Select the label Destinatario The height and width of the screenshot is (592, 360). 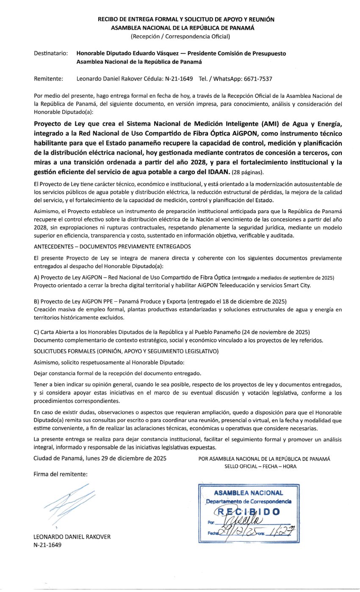tap(50, 53)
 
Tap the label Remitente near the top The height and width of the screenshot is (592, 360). tap(48, 79)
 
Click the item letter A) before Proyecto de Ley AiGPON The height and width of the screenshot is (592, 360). tap(36, 278)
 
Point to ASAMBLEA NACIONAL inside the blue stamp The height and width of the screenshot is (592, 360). tap(249, 493)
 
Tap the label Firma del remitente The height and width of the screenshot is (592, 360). tap(61, 474)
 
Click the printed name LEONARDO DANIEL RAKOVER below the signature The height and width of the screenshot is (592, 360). tap(72, 537)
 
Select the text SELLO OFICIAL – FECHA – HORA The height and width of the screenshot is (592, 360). tap(260, 466)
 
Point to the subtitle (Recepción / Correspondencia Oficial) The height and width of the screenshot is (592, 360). tap(180, 36)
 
